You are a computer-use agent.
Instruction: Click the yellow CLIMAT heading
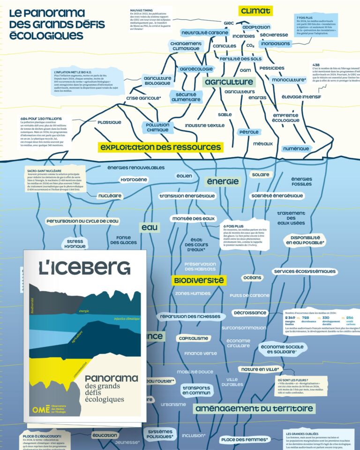click(x=255, y=11)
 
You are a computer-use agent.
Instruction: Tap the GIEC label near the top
click(x=228, y=22)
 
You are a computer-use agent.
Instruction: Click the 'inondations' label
click(x=275, y=44)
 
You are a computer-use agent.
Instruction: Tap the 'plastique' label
click(x=109, y=123)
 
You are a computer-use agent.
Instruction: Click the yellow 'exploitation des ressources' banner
click(x=160, y=147)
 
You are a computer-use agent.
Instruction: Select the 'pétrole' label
click(x=248, y=132)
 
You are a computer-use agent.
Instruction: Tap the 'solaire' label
click(x=260, y=175)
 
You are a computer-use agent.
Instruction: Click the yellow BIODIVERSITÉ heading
click(x=199, y=280)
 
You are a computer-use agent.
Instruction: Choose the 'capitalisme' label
click(x=193, y=338)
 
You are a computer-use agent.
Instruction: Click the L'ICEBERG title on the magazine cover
click(x=84, y=268)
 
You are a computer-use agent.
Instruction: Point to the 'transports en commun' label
click(x=196, y=391)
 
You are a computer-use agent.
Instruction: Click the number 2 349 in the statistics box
click(x=290, y=319)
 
